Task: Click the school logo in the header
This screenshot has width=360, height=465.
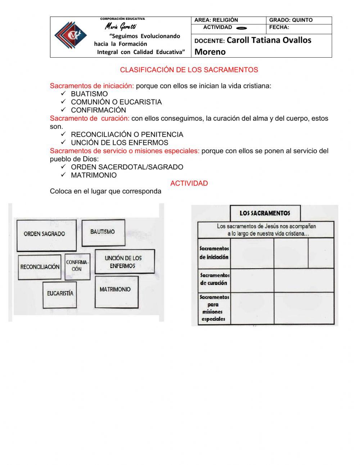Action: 71,35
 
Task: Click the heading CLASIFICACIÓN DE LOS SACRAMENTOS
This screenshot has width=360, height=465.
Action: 189,70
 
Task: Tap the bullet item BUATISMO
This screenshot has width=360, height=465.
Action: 89,94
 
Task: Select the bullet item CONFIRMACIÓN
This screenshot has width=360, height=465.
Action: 98,110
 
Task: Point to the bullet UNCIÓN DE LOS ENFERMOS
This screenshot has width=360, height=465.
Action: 119,143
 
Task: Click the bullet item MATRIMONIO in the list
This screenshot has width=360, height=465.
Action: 94,175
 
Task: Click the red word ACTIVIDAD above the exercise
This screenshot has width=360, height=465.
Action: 189,183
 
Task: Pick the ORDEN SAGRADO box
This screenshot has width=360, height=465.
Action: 46,234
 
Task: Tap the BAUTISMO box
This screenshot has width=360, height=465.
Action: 103,233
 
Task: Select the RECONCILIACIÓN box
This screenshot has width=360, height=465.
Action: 40,267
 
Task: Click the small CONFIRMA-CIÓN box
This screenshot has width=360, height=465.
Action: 77,266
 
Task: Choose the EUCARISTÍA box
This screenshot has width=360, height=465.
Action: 60,294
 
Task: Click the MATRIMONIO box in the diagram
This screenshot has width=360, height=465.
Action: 116,291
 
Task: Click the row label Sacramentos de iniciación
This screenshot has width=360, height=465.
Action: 214,253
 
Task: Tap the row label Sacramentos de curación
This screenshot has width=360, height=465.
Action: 215,279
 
